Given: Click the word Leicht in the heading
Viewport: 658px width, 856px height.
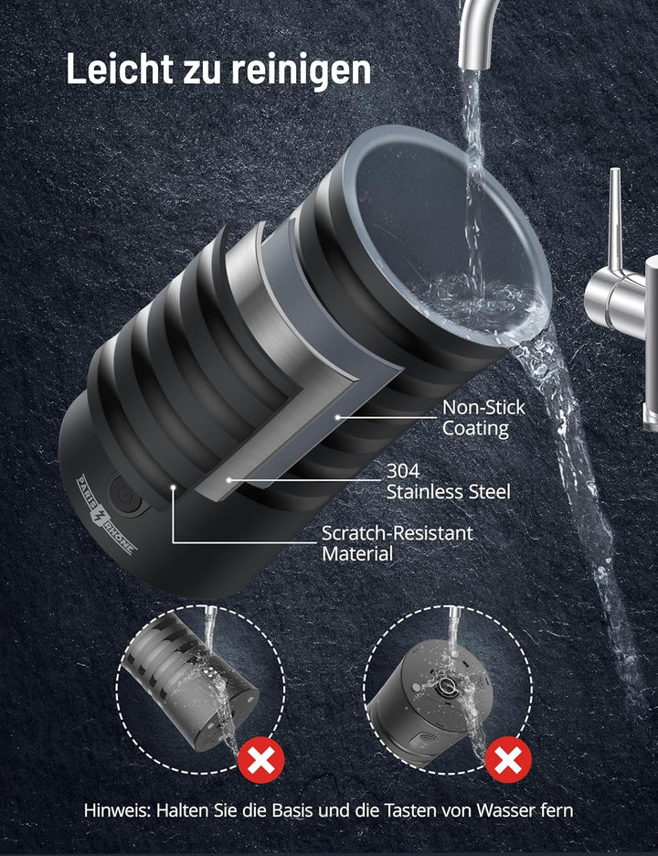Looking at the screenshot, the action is click(119, 69).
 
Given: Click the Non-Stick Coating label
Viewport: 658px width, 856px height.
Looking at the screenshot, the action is click(483, 418).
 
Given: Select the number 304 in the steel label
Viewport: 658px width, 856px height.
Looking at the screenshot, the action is click(403, 471).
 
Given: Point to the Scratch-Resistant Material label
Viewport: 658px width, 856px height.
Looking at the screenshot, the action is click(398, 543).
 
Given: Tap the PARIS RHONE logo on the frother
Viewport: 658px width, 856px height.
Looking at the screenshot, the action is click(106, 514).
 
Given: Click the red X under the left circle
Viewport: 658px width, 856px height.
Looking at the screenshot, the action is click(260, 760).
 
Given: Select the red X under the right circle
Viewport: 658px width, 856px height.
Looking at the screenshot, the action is click(508, 760).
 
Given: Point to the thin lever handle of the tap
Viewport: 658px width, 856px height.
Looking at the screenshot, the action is click(615, 219).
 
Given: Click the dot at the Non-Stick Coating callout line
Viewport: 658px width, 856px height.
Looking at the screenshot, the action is click(338, 417).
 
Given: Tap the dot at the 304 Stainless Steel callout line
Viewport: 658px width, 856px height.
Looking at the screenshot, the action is click(229, 480).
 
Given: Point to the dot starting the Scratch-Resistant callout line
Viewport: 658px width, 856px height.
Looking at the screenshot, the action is click(173, 486).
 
